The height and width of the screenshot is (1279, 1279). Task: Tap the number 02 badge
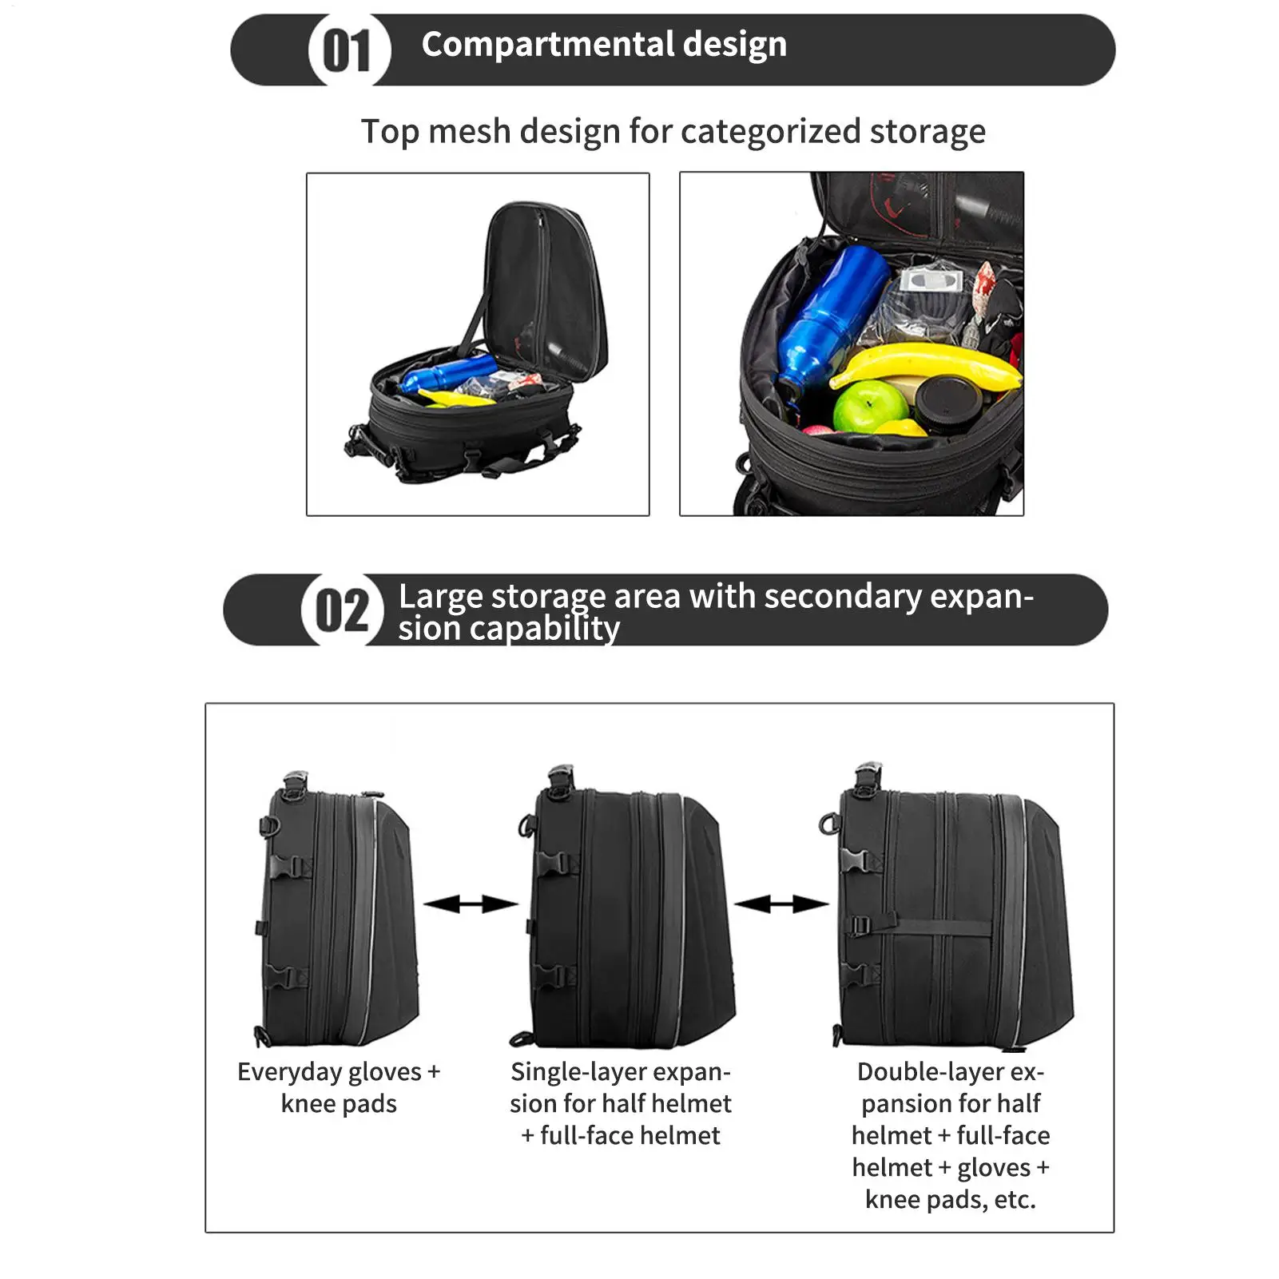pos(342,611)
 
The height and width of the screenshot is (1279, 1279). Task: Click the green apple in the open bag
pos(870,407)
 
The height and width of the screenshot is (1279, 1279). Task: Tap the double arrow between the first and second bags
pos(471,904)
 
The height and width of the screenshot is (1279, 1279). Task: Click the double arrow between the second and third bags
pos(781,904)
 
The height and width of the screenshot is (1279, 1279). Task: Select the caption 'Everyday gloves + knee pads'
pos(339,1087)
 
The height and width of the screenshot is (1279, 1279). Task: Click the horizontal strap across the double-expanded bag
pos(935,929)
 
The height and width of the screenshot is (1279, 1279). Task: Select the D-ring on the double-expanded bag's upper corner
pos(828,823)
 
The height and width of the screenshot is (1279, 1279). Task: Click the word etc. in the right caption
pos(1015,1199)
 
